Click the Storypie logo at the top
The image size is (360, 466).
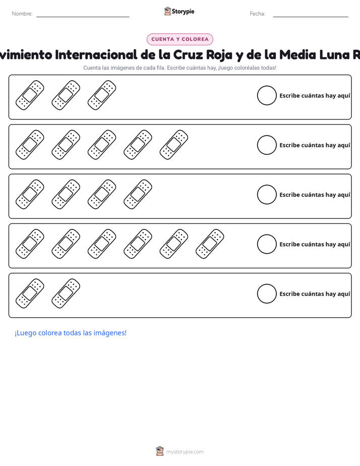coord(179,11)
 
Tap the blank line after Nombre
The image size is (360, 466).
coord(83,17)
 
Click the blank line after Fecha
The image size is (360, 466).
coord(311,17)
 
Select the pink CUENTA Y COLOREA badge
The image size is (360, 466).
coord(180,39)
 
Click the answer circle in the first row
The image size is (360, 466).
coord(267,95)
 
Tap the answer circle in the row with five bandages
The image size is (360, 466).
coord(267,145)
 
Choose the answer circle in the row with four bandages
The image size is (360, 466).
coord(267,195)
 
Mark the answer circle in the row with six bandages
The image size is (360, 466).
coord(267,244)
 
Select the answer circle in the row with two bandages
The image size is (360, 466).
coord(267,294)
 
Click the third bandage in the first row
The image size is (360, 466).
coord(102,95)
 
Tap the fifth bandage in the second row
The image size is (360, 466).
coord(174,145)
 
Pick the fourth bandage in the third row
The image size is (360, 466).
coord(138,194)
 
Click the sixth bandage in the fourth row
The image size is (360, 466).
coord(210,244)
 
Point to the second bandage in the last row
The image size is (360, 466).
coord(66,294)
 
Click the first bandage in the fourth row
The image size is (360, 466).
coord(30,244)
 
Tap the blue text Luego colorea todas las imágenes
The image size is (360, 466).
coord(71,333)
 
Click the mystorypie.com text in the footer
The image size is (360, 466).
coord(185,452)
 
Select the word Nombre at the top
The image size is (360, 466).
coord(22,14)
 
